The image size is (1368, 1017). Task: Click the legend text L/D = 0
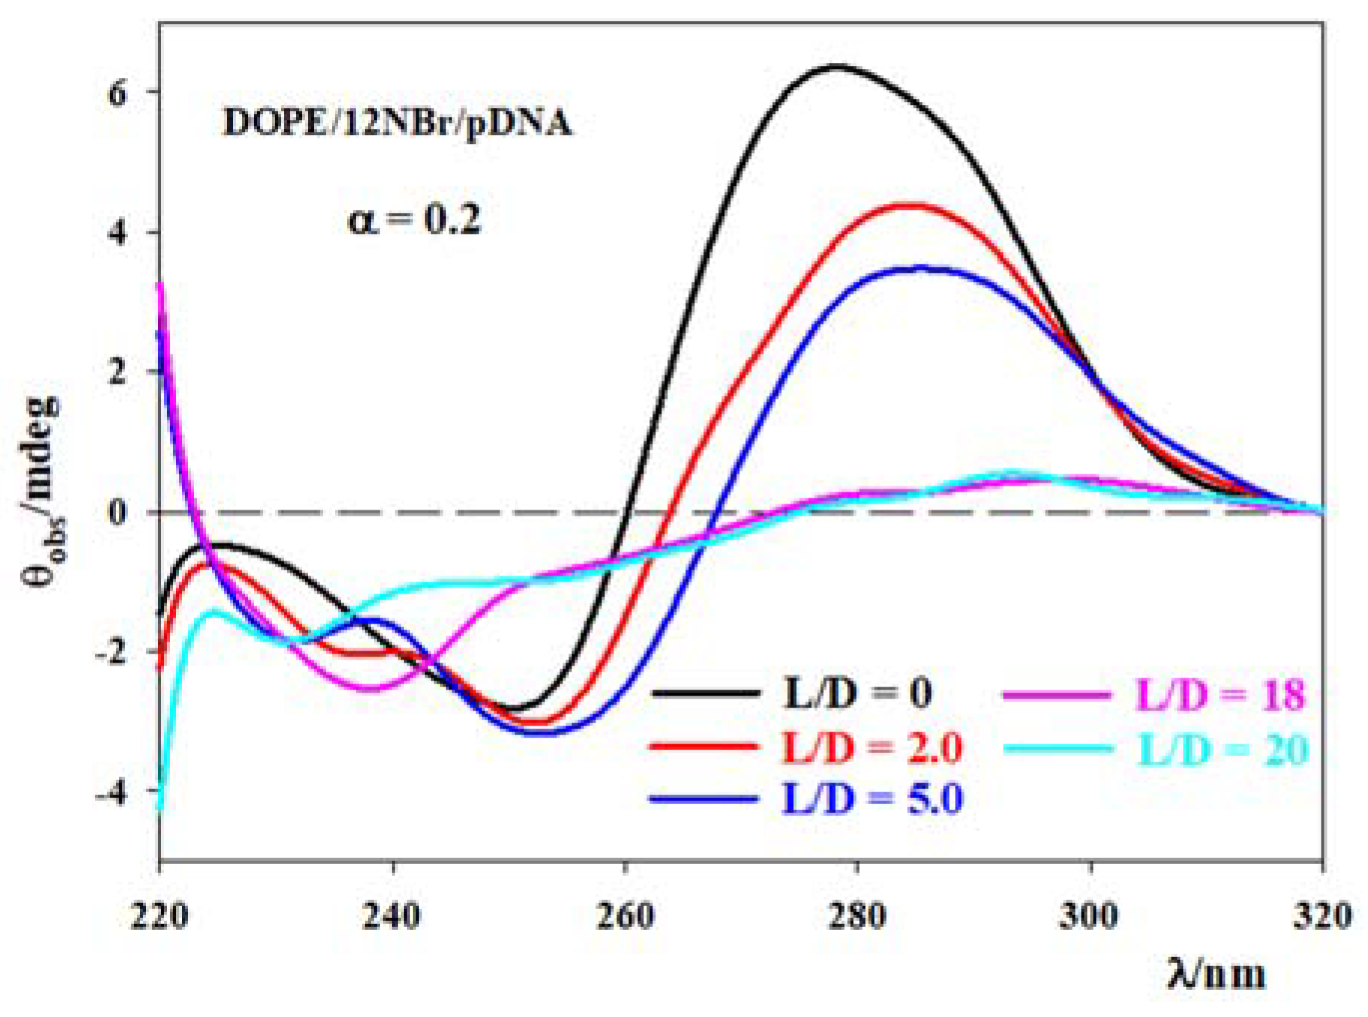(857, 693)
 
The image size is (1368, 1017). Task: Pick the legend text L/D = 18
(1220, 695)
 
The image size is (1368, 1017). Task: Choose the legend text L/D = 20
(1223, 749)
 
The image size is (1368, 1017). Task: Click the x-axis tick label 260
(625, 916)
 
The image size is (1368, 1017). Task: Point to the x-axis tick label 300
(1089, 916)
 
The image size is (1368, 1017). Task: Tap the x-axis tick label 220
(159, 916)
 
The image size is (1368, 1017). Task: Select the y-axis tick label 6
(118, 94)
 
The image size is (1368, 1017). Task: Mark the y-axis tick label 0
(118, 513)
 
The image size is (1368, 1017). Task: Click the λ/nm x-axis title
(1216, 974)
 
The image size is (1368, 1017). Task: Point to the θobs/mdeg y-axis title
(43, 491)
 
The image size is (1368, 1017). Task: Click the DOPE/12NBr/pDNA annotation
(397, 122)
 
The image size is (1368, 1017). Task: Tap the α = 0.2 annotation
(414, 220)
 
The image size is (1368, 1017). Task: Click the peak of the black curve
(837, 67)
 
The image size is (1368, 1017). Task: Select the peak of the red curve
(911, 205)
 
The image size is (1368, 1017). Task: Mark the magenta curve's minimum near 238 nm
(370, 688)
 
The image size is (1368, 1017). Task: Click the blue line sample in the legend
(704, 799)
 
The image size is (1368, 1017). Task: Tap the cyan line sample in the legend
(1057, 748)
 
